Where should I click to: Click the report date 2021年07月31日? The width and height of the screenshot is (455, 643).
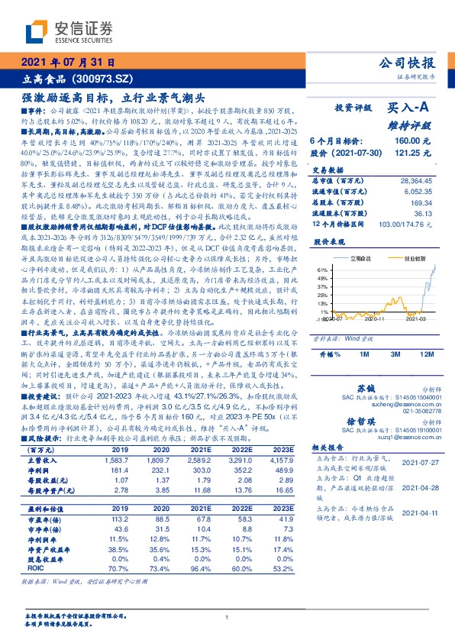pos(68,63)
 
